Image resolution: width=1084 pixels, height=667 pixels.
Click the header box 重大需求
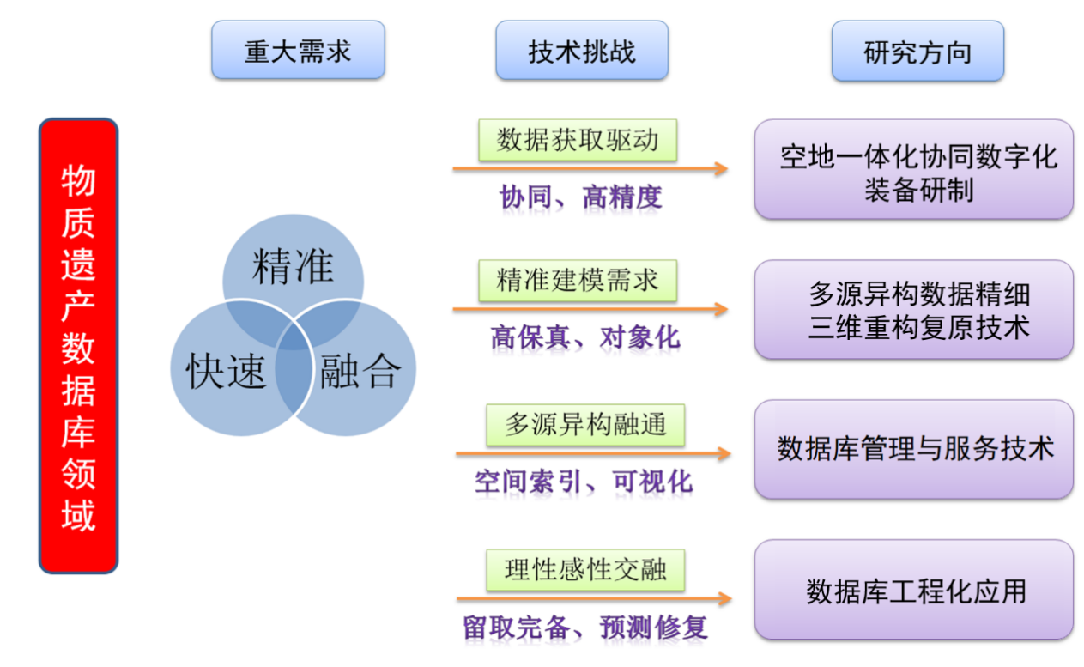pyautogui.click(x=298, y=51)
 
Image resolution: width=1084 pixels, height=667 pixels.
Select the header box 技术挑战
pyautogui.click(x=581, y=51)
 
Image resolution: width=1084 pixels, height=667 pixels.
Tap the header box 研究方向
pyautogui.click(x=917, y=52)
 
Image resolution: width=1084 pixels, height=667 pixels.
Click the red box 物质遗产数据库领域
pyautogui.click(x=78, y=345)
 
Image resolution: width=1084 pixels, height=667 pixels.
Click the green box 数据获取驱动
pyautogui.click(x=578, y=140)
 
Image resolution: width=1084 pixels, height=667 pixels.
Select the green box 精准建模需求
pyautogui.click(x=578, y=280)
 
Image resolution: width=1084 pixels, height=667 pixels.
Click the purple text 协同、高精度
pyautogui.click(x=581, y=197)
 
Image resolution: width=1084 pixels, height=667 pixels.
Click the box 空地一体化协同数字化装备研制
pyautogui.click(x=913, y=170)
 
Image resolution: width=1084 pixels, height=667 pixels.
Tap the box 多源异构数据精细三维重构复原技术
pyautogui.click(x=913, y=310)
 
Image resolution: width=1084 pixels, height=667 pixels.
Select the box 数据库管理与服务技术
pyautogui.click(x=913, y=449)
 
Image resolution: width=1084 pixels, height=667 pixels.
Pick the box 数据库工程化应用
pyautogui.click(x=913, y=590)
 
